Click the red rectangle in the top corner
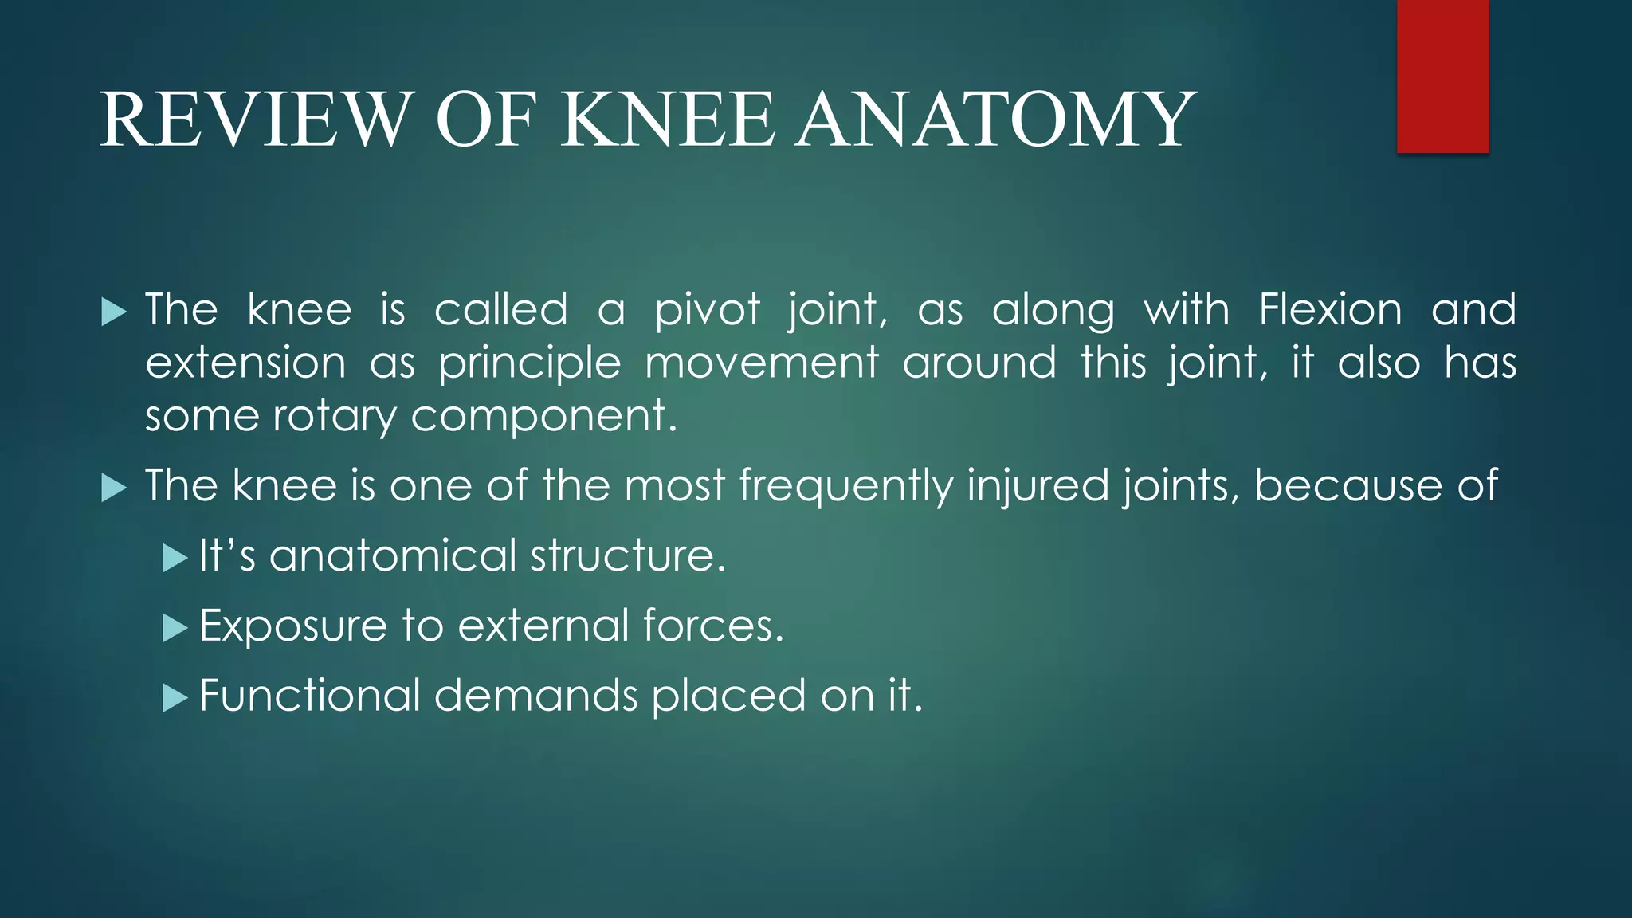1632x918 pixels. pos(1442,76)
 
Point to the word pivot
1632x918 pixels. pos(707,311)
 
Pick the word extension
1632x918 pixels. pos(245,363)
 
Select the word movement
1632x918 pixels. pos(761,363)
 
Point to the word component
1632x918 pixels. pos(538,417)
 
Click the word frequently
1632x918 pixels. pos(845,486)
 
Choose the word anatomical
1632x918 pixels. pos(394,555)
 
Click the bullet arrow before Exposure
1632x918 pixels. pos(174,628)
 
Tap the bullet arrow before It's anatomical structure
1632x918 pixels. pos(174,558)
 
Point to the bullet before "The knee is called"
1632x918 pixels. pos(114,312)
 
